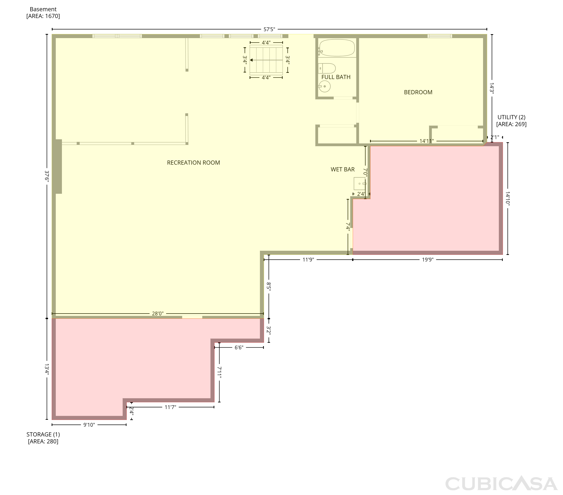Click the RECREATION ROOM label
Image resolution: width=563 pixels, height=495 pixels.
coord(193,163)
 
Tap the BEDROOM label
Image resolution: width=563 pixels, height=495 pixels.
coord(418,92)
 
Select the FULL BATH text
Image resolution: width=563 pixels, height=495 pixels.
coord(336,77)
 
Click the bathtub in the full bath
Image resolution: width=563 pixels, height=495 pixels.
coord(337,48)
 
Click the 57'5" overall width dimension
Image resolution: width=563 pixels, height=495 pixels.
coord(269,29)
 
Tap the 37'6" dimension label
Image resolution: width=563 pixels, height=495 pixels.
coord(47,176)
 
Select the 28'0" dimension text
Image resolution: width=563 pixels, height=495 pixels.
coord(158,313)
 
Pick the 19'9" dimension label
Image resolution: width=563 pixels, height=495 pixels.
coord(428,259)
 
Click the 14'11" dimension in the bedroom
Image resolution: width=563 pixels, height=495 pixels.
coord(427,141)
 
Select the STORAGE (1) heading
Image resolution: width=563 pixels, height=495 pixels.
coord(43,434)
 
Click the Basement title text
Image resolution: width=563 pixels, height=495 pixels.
coord(43,9)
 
